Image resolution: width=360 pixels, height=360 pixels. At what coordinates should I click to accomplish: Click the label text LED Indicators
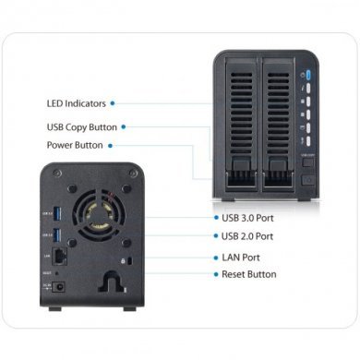(75, 102)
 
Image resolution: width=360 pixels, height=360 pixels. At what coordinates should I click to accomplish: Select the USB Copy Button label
(81, 127)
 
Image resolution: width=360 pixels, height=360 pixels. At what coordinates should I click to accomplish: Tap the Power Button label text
(74, 145)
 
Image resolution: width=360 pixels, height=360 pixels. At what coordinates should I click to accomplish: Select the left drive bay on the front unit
(235, 120)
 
